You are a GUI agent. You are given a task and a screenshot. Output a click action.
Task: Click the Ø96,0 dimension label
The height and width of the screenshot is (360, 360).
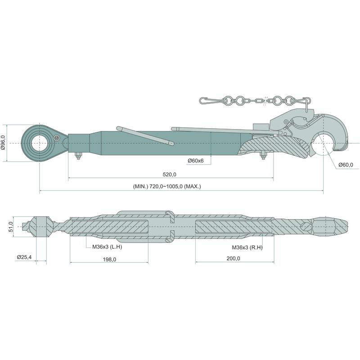click(3, 143)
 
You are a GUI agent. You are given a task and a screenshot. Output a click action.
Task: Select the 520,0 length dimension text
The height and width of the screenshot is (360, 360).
click(170, 175)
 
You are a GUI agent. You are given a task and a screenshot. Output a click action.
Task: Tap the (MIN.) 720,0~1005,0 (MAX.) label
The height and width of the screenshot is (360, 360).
click(167, 186)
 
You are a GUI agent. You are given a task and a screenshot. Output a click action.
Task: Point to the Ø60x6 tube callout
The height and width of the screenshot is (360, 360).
click(196, 161)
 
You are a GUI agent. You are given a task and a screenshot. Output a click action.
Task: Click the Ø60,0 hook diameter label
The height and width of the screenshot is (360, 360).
click(346, 165)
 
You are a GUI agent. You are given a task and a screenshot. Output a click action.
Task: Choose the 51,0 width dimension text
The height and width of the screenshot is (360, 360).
click(11, 226)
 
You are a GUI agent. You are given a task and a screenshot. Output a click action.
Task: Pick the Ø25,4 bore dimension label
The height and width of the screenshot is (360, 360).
click(24, 257)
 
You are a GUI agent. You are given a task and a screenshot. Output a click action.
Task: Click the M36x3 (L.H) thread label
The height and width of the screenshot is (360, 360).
click(107, 247)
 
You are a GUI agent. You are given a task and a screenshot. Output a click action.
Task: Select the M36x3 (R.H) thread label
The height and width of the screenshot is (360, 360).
click(247, 247)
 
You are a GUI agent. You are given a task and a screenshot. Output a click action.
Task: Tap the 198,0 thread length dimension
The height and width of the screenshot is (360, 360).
click(109, 260)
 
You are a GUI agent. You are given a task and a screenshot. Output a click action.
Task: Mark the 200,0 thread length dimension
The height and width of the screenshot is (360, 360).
click(233, 258)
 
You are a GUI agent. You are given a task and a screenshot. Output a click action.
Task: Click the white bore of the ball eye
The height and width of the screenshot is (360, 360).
click(40, 143)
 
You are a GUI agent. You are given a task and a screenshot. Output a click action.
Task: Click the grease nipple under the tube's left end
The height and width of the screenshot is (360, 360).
click(78, 155)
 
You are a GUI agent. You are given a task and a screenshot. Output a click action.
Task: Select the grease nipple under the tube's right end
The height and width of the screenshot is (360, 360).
click(263, 155)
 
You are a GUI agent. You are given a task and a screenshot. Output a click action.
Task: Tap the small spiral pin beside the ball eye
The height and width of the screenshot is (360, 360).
click(56, 138)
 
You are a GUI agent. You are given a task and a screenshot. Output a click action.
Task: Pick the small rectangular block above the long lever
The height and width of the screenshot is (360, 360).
click(261, 127)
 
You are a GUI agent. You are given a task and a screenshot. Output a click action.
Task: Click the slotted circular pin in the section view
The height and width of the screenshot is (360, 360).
click(306, 226)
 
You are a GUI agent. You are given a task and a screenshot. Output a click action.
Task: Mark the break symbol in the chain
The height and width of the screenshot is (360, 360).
click(266, 100)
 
